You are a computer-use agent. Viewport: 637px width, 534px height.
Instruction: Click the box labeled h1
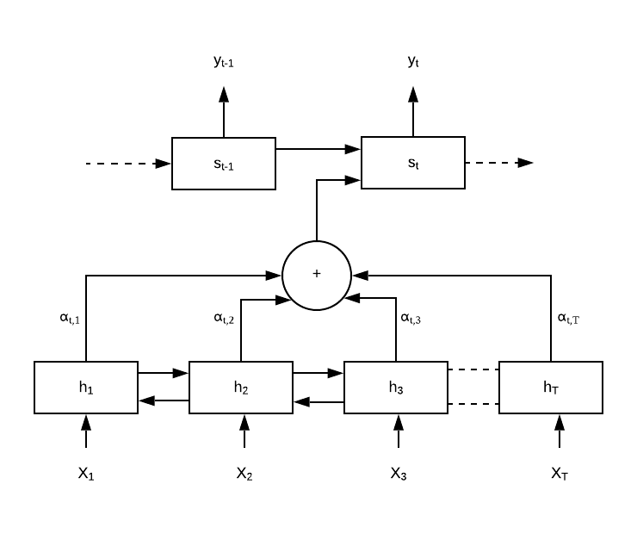[x=86, y=388]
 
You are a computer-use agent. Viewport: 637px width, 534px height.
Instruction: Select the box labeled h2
[x=241, y=388]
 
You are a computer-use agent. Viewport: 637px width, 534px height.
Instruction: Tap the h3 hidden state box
[x=396, y=388]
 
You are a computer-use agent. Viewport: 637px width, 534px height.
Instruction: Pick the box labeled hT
[x=551, y=388]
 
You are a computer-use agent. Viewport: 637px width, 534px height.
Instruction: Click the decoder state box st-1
[x=224, y=163]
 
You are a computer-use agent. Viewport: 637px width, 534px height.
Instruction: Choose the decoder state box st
[x=413, y=162]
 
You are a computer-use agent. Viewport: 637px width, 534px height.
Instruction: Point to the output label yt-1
[x=224, y=61]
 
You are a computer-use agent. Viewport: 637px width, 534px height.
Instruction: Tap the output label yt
[x=413, y=61]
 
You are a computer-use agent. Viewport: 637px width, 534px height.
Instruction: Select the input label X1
[x=85, y=474]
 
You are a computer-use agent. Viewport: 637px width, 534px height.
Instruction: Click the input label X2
[x=244, y=474]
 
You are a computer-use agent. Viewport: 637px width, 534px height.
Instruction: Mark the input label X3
[x=398, y=474]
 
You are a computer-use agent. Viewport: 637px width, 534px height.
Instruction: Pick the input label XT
[x=560, y=474]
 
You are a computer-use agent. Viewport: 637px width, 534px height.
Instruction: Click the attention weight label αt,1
[x=70, y=318]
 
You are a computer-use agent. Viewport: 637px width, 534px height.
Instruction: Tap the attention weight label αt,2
[x=225, y=318]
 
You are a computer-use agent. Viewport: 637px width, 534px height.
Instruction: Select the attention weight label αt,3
[x=412, y=318]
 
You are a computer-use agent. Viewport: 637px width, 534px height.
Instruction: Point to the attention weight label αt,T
[x=569, y=318]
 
